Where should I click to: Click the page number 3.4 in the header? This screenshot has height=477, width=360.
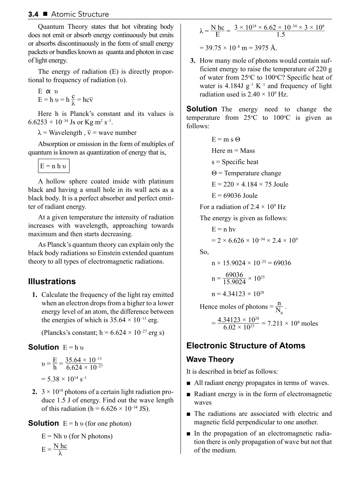coord(33,14)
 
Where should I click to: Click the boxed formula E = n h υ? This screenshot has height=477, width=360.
coord(53,166)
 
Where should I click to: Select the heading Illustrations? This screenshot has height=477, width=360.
coord(52,282)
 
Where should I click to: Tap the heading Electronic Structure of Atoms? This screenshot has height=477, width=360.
coord(246,346)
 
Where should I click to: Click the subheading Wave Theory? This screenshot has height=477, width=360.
coord(210,359)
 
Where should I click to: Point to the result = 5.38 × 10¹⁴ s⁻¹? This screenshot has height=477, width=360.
coord(64,379)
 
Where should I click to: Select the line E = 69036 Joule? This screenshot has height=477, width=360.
coord(234,196)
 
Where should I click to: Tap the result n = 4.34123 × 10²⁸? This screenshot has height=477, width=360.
coord(238,294)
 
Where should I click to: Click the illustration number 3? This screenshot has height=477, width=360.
coord(193,61)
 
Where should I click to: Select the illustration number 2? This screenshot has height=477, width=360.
coord(34,392)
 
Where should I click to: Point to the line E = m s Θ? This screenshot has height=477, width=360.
coord(226,139)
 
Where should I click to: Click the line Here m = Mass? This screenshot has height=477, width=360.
coord(233,151)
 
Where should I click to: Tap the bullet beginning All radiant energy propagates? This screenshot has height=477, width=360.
coord(261,383)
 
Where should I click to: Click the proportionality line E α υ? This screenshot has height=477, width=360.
coord(48,92)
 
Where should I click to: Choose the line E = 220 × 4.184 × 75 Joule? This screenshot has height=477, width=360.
coord(250,184)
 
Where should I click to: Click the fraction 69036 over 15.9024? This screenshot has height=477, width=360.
coord(234,278)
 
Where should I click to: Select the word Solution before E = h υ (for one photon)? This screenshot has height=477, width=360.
coord(44,423)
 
